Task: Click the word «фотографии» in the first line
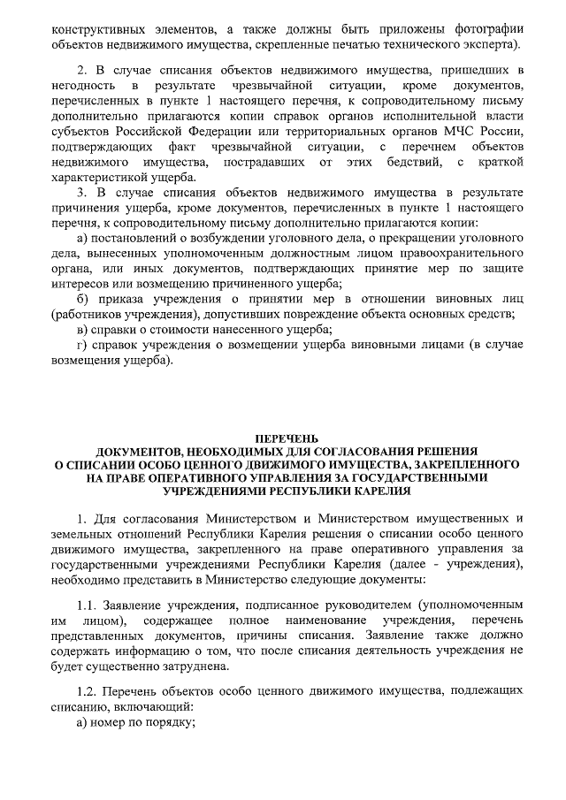(x=485, y=27)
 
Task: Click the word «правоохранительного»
(x=459, y=253)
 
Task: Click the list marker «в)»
(x=83, y=329)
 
